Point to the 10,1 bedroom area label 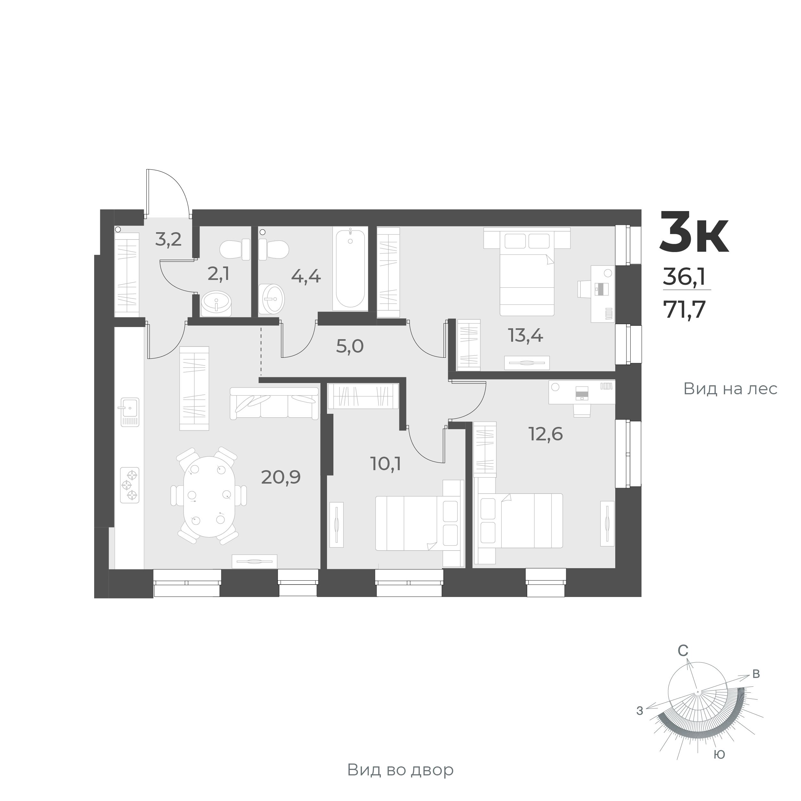(x=386, y=464)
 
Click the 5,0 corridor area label (x=349, y=346)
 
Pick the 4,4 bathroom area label (x=306, y=276)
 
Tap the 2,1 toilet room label (x=218, y=274)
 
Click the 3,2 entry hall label (x=168, y=239)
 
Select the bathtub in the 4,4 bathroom (x=350, y=268)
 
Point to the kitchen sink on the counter (x=130, y=412)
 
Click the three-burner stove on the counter (x=130, y=485)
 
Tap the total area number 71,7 (x=684, y=309)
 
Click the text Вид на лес (x=730, y=389)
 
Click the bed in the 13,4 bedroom (x=527, y=274)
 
